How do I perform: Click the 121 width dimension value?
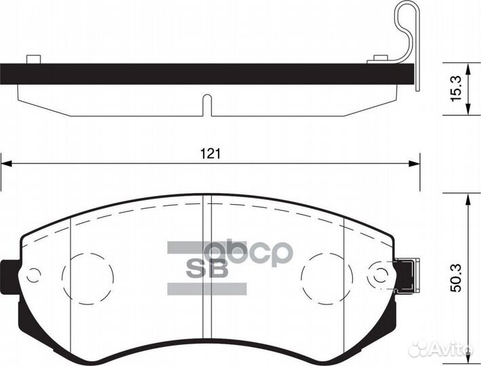click(x=210, y=154)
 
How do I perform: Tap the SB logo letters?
click(x=208, y=269)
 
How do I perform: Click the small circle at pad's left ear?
click(x=33, y=275)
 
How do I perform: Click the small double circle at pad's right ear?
click(x=380, y=274)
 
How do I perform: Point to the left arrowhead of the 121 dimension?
click(x=5, y=164)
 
